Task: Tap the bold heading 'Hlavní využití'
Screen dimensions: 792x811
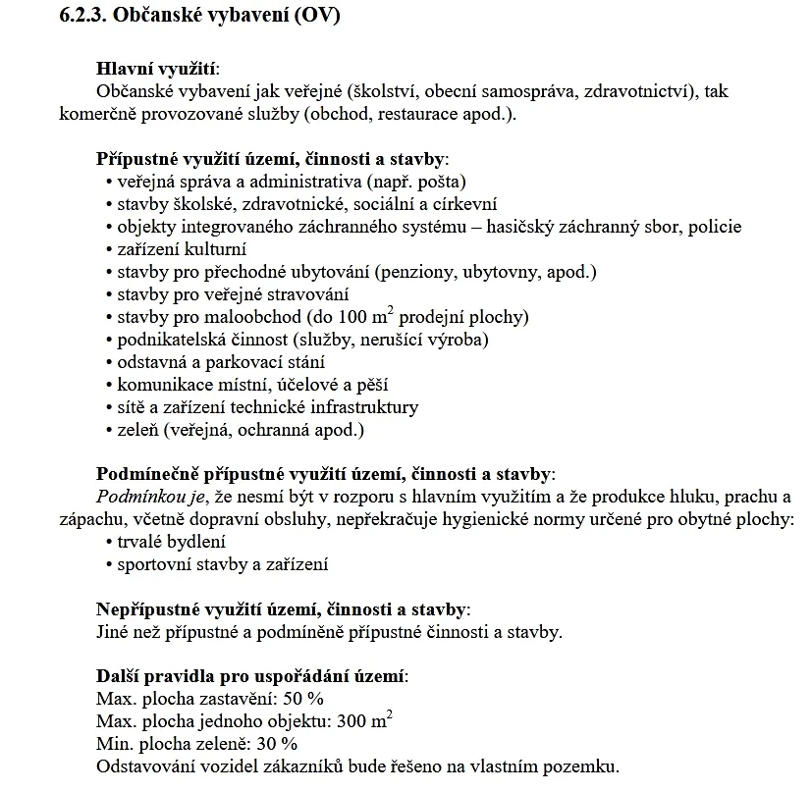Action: click(157, 69)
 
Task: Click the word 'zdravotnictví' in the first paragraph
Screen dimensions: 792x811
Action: click(639, 91)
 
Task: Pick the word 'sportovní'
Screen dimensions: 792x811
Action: click(154, 564)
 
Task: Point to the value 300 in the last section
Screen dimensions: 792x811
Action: click(351, 721)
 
